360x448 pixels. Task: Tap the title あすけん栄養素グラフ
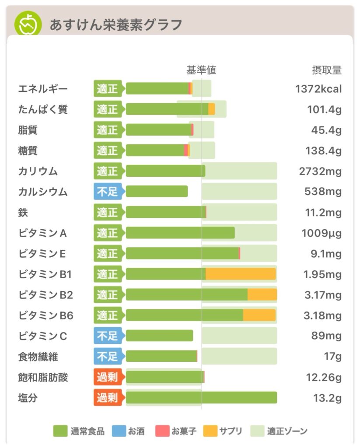pos(115,25)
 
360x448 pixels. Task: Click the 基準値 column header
pos(201,70)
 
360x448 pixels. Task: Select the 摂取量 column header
pos(326,70)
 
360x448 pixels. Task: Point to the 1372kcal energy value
pos(318,89)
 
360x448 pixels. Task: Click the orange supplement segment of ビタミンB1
pos(241,274)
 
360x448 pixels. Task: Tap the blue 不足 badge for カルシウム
pos(108,192)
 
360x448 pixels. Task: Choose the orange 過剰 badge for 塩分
pos(108,398)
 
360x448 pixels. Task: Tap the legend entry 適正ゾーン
pos(280,431)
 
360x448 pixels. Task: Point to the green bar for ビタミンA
pos(180,233)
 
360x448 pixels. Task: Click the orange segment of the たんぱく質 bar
pos(212,109)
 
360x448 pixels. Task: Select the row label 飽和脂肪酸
pos(43,377)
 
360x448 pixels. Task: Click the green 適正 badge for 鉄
pos(108,212)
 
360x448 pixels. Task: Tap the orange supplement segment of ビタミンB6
pos(259,315)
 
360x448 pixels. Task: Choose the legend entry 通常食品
pos(79,431)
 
